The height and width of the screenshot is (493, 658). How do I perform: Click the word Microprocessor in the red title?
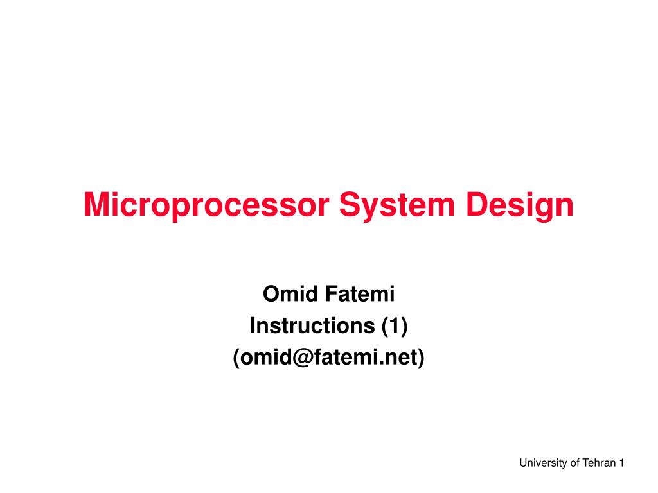pyautogui.click(x=206, y=205)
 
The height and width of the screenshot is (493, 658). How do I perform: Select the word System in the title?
pyautogui.click(x=396, y=205)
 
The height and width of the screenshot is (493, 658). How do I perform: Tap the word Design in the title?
pyautogui.click(x=519, y=205)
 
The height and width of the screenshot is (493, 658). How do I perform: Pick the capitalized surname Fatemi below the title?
pyautogui.click(x=360, y=294)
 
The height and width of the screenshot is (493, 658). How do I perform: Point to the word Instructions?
pyautogui.click(x=312, y=325)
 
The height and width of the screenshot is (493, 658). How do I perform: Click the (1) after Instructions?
pyautogui.click(x=395, y=326)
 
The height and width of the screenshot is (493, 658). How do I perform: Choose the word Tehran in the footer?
pyautogui.click(x=600, y=463)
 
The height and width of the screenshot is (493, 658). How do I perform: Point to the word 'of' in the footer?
pyautogui.click(x=575, y=463)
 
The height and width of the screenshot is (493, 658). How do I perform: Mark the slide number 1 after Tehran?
pyautogui.click(x=621, y=463)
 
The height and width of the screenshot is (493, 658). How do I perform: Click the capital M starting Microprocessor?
pyautogui.click(x=95, y=204)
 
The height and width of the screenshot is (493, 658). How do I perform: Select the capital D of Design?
pyautogui.click(x=477, y=204)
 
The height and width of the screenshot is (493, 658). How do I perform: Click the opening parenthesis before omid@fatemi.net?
pyautogui.click(x=236, y=358)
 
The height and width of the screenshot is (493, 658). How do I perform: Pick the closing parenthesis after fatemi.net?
pyautogui.click(x=421, y=358)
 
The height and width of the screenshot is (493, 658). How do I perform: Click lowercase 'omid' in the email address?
pyautogui.click(x=266, y=358)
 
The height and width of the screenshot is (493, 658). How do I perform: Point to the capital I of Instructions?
pyautogui.click(x=253, y=325)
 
